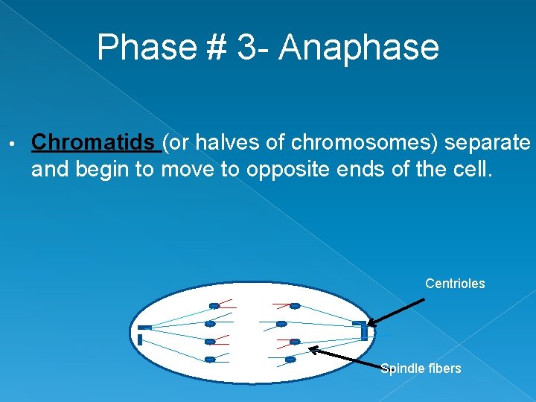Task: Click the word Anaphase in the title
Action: (x=360, y=48)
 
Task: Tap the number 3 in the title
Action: (x=246, y=48)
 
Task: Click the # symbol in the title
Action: (x=211, y=48)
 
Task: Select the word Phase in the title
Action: (x=144, y=48)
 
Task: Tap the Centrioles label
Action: (x=455, y=284)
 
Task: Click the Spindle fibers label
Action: (x=421, y=368)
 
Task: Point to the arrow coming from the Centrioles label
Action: (x=397, y=312)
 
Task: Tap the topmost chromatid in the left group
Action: (x=214, y=305)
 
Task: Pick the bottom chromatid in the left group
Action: (x=211, y=360)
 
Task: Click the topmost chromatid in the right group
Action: (x=294, y=305)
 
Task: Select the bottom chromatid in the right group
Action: (x=290, y=360)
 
